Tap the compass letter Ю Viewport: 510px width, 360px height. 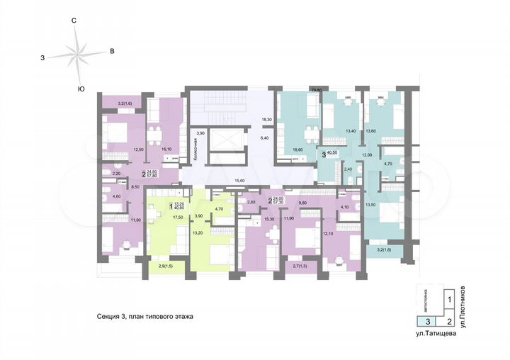pyautogui.click(x=81, y=89)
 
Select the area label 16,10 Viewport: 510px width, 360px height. pyautogui.click(x=167, y=150)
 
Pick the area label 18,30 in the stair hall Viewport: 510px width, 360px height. pyautogui.click(x=267, y=120)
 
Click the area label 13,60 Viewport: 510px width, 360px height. pyautogui.click(x=370, y=131)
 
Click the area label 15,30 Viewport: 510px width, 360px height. pyautogui.click(x=268, y=219)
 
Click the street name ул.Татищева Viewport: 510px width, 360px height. pyautogui.click(x=436, y=333)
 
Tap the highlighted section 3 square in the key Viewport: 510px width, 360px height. pyautogui.click(x=426, y=320)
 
